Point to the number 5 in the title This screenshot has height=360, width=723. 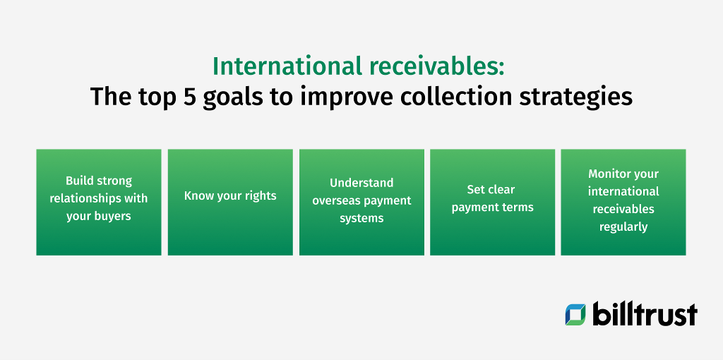point(189,97)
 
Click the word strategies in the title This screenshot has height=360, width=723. point(587,97)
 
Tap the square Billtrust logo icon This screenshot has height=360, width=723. point(575,315)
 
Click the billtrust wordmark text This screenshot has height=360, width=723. point(644,314)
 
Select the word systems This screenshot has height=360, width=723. point(361,218)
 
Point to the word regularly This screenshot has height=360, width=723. point(623,227)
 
